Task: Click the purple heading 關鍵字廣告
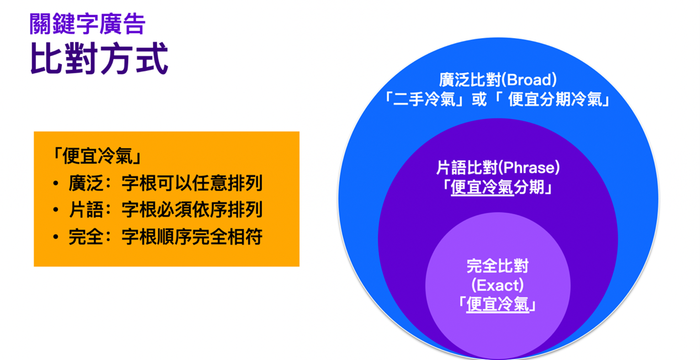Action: point(87,24)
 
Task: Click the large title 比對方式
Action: point(99,59)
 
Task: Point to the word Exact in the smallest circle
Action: point(497,285)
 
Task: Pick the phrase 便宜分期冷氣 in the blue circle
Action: point(555,99)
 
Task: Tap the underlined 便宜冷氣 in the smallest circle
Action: point(497,304)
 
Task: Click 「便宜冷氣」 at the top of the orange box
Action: point(98,156)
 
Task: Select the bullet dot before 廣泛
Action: point(56,183)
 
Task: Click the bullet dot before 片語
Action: point(56,210)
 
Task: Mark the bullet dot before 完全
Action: point(56,237)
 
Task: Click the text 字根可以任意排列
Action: point(192,183)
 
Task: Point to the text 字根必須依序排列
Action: point(192,209)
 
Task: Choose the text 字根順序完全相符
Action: point(192,236)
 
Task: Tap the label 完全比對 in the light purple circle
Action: point(497,266)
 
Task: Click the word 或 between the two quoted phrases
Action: point(479,99)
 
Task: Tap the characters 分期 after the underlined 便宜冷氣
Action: point(529,187)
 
